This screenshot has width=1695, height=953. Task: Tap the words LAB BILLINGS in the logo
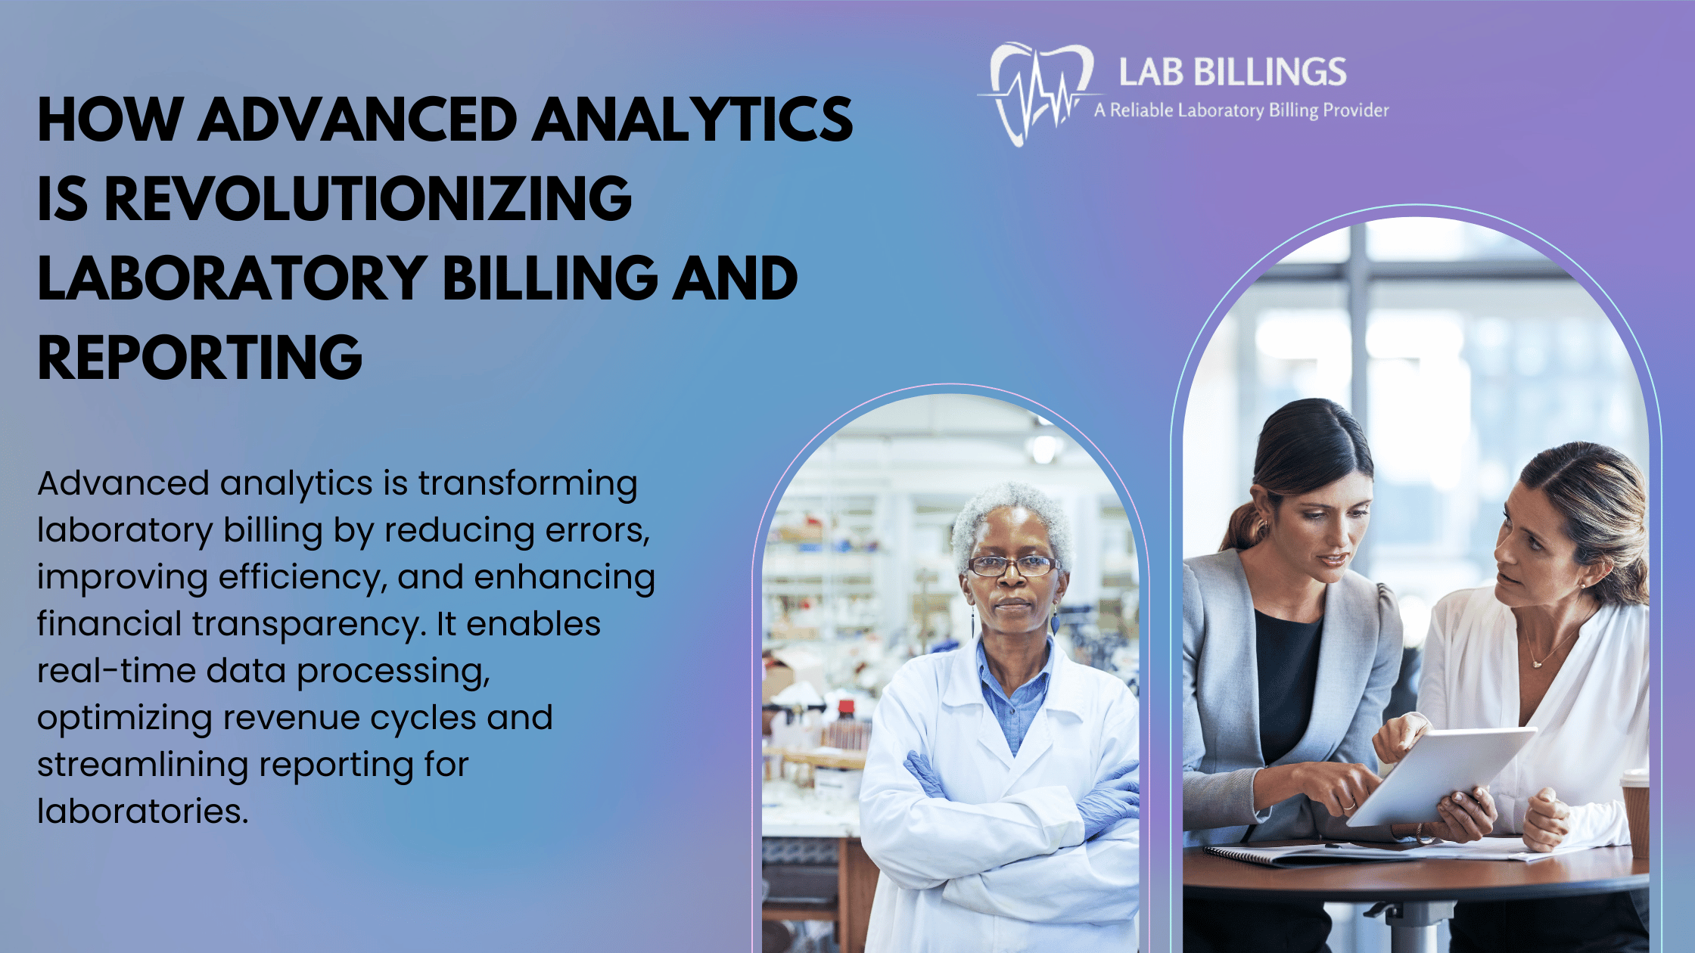pos(1233,73)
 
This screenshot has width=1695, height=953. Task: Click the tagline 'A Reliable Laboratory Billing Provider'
pos(1242,110)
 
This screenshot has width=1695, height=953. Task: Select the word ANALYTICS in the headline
pos(692,120)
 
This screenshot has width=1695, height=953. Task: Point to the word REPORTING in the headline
pos(200,358)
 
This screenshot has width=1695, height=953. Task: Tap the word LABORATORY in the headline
pos(232,278)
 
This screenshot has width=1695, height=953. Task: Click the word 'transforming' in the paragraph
pos(527,484)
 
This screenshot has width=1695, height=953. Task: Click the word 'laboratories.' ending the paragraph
pos(143,811)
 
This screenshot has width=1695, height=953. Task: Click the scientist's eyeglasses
pos(1012,565)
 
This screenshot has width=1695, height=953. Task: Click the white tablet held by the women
pos(1442,775)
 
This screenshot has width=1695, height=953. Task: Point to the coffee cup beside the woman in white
pos(1634,809)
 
